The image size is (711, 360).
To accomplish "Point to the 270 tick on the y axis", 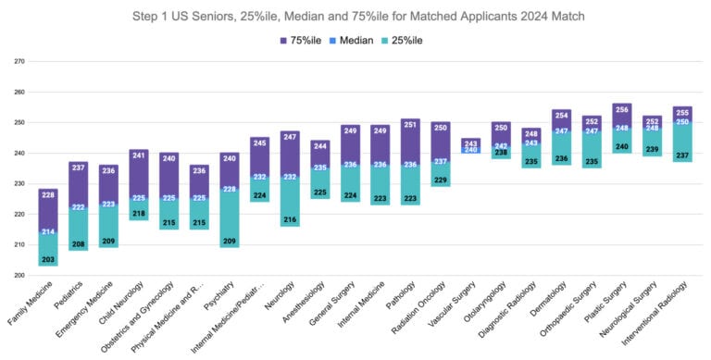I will [19, 62].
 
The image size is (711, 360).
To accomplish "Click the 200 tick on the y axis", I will [19, 275].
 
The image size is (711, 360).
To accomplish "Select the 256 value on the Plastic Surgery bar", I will [621, 109].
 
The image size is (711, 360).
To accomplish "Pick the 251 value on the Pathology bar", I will [410, 124].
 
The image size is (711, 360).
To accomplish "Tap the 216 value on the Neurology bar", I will [290, 220].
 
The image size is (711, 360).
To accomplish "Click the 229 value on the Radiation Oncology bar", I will [441, 180].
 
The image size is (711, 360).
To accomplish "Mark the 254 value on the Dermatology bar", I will [561, 115].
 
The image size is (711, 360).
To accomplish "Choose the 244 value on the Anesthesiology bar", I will [319, 145].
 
